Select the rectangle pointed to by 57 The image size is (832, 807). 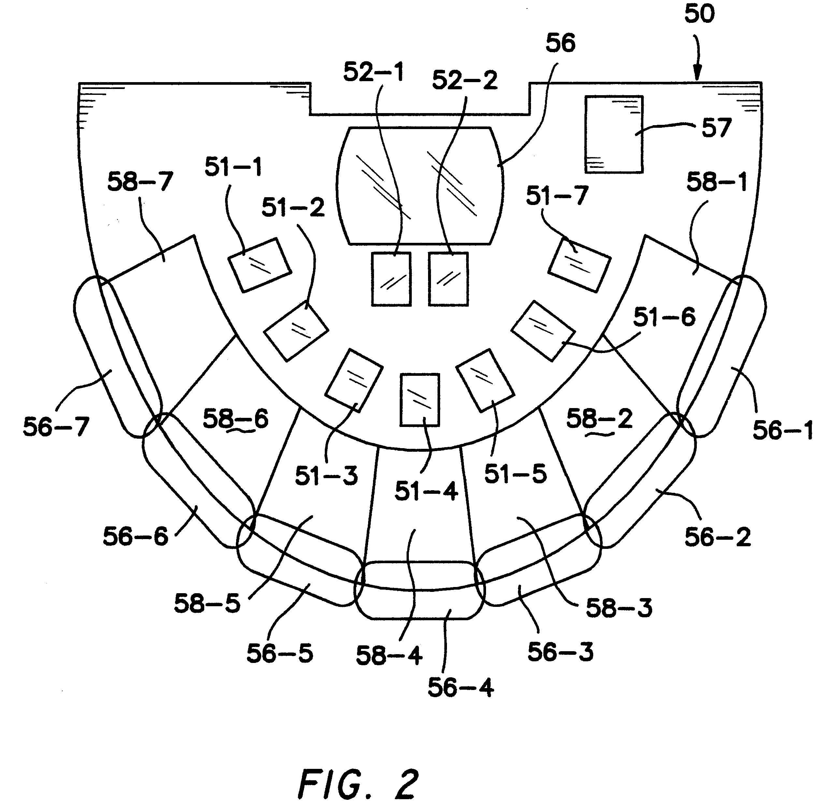(x=614, y=134)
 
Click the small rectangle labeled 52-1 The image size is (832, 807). (x=391, y=279)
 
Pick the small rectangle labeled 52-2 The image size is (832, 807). (x=448, y=279)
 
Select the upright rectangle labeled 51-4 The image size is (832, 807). (x=420, y=400)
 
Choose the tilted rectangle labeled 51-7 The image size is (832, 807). (x=580, y=265)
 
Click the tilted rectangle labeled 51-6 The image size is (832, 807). (x=543, y=331)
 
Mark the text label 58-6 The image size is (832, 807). (x=236, y=419)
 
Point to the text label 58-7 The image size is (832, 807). (x=140, y=182)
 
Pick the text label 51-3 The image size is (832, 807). (x=326, y=476)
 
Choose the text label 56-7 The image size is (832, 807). (x=56, y=427)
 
